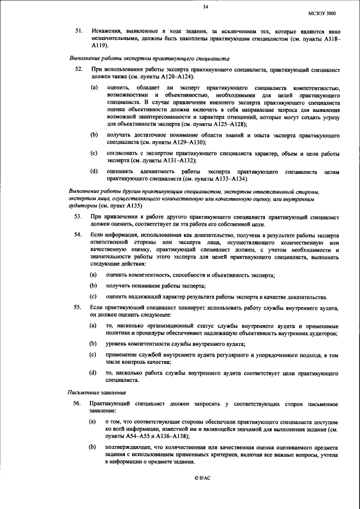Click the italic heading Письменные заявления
(93, 392)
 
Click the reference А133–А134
(227, 178)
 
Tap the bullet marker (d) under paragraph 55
(94, 372)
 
